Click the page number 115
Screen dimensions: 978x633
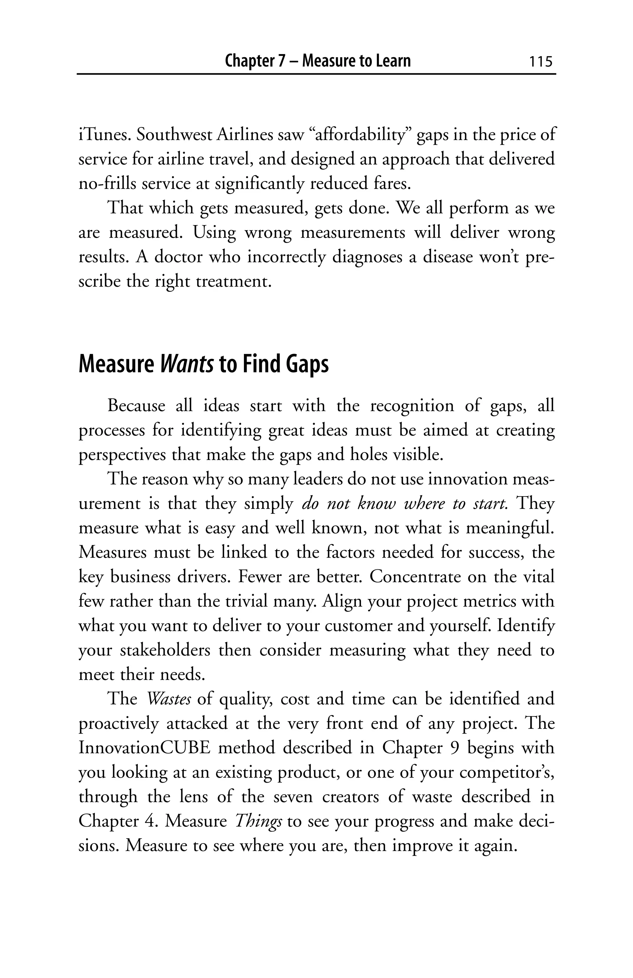(x=541, y=61)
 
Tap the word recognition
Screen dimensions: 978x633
(x=412, y=406)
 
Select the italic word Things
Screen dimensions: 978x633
(x=258, y=821)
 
